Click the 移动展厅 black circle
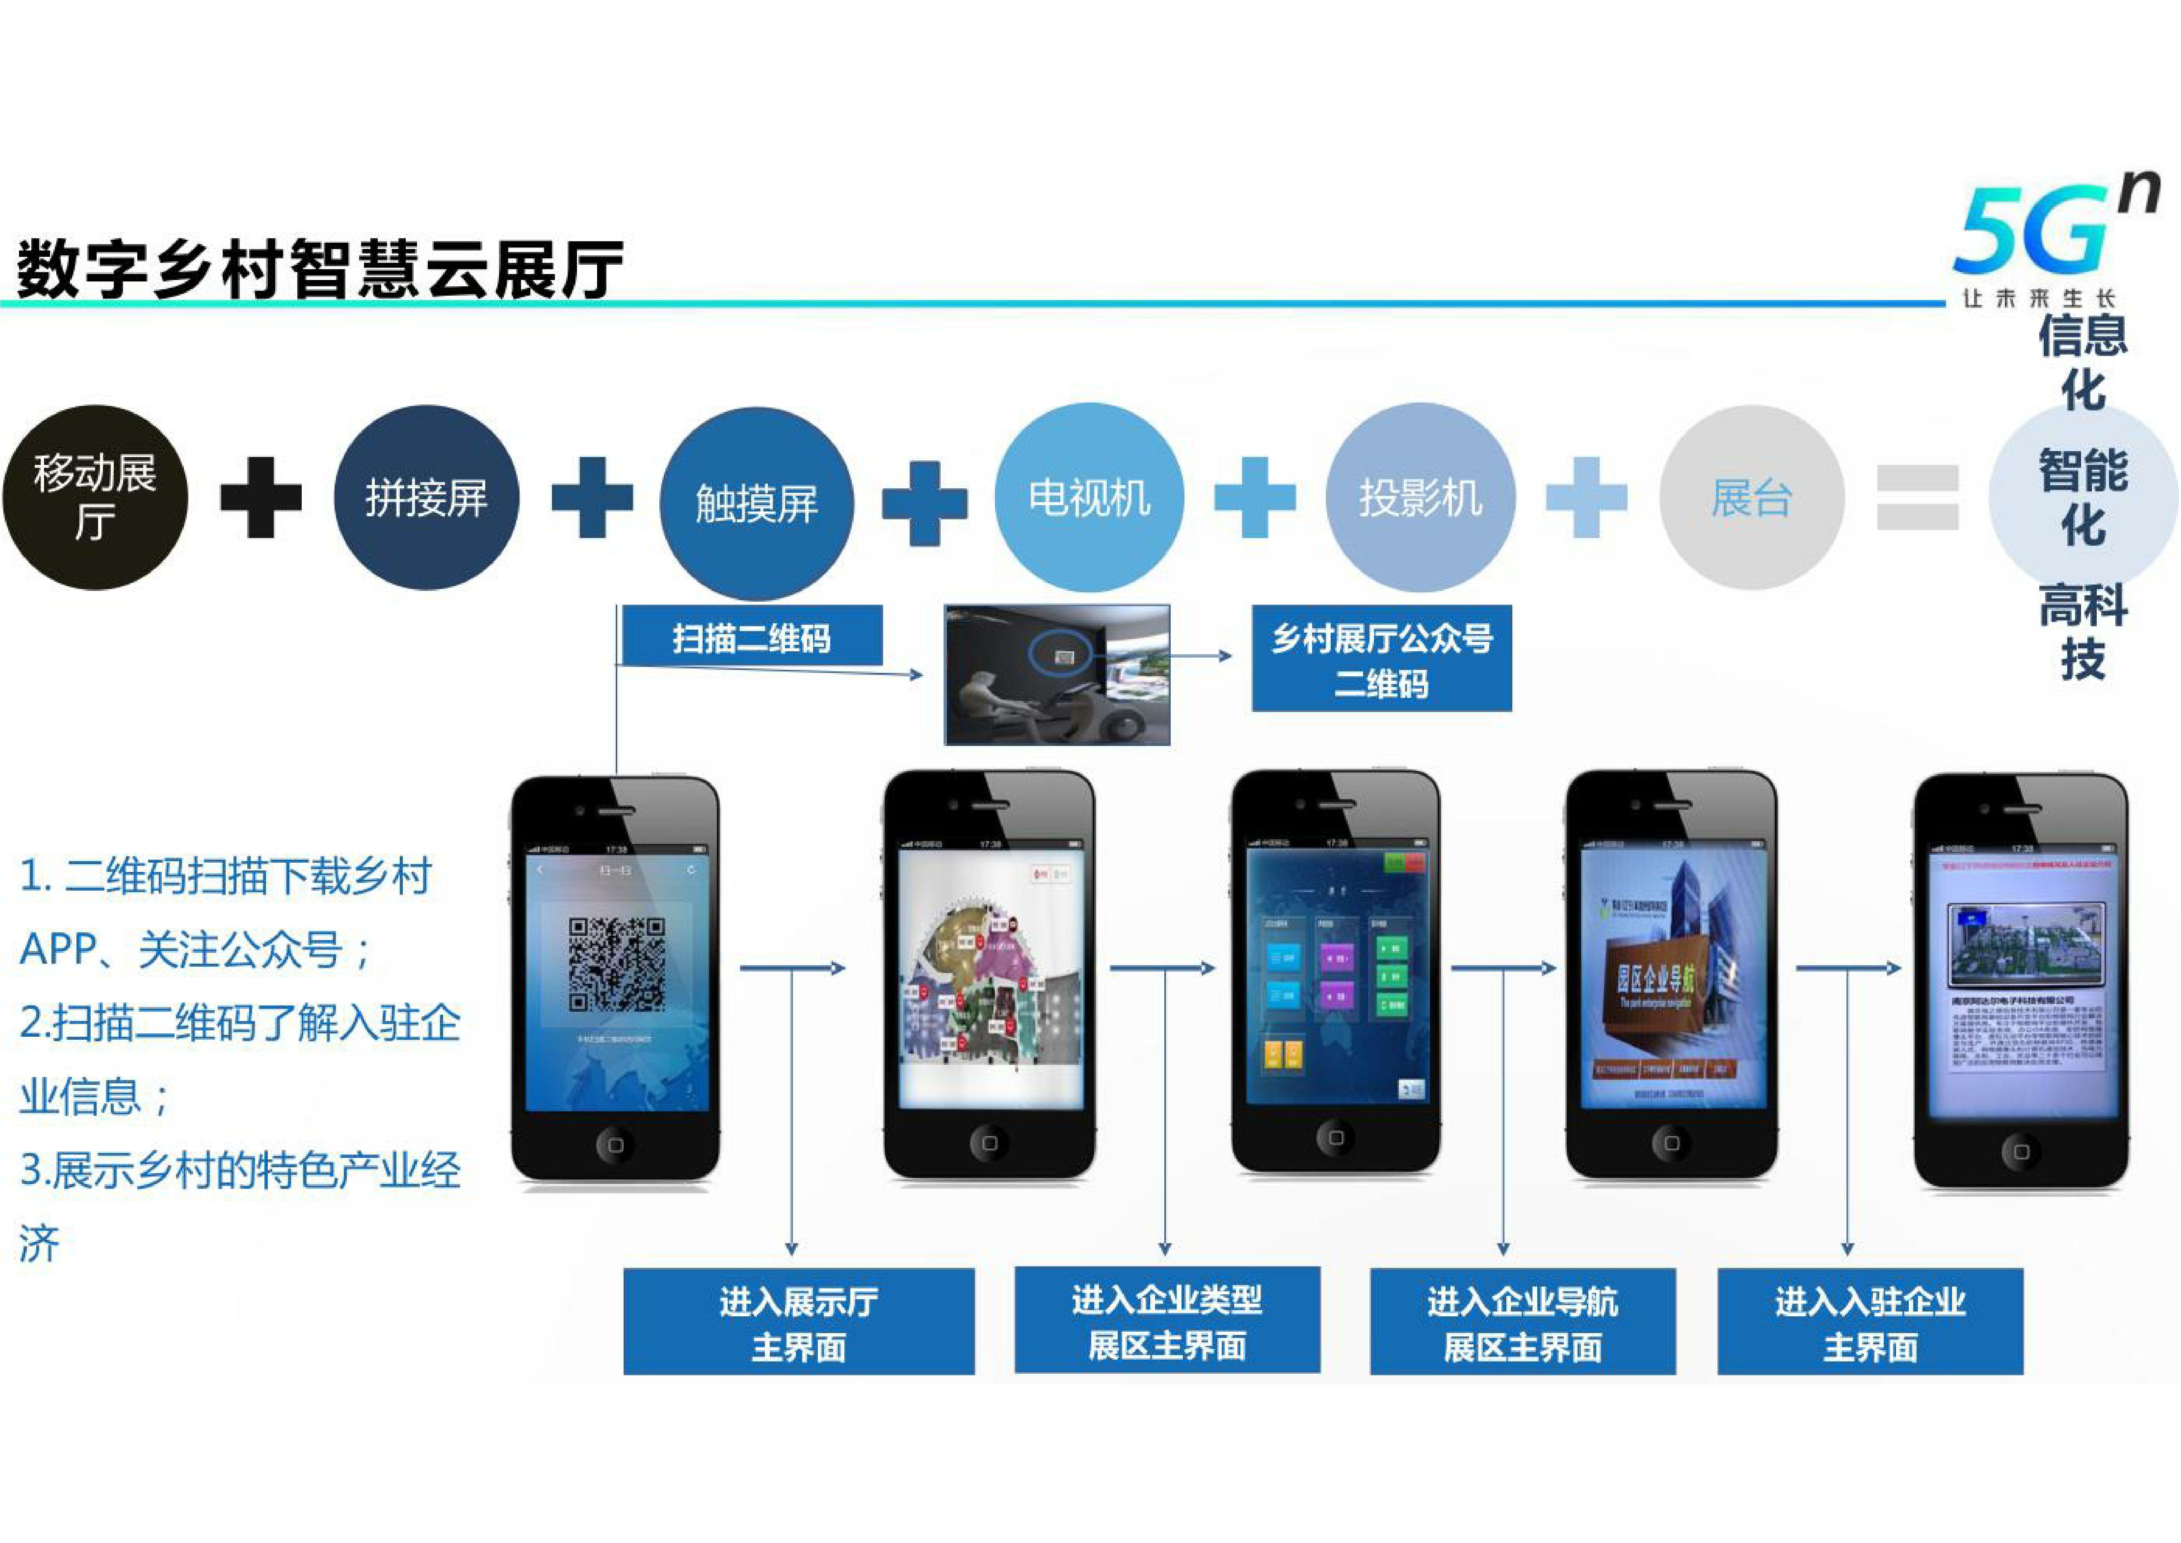point(95,498)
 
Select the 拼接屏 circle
point(427,498)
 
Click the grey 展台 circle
point(1751,498)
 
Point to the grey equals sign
point(1918,498)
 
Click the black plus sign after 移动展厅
point(260,498)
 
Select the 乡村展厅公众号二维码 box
point(1381,658)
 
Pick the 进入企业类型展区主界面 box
point(1167,1321)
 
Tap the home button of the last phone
point(2020,1152)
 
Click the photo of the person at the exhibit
point(1057,675)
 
